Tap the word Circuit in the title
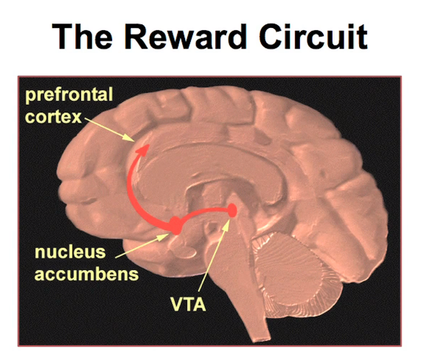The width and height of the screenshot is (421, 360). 313,37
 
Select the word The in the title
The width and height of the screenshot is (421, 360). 82,37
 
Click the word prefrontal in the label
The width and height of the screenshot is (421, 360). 69,94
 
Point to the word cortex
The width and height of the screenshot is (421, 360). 53,117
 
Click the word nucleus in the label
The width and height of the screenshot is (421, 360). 70,252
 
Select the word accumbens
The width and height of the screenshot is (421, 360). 86,274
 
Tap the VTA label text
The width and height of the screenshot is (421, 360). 188,304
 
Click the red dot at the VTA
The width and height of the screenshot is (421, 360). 232,210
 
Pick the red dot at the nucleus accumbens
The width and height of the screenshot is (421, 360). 175,225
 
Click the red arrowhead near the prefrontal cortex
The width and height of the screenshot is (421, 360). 143,150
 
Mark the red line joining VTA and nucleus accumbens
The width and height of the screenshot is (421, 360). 204,212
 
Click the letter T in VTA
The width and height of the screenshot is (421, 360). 189,304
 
